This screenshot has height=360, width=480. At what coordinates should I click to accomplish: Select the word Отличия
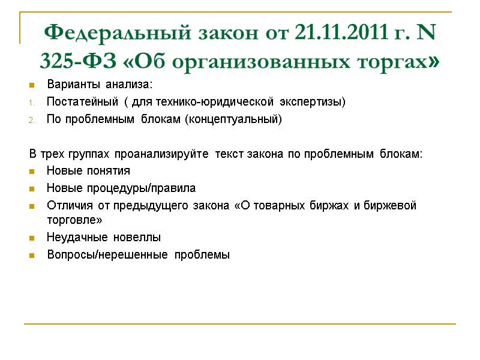point(65,206)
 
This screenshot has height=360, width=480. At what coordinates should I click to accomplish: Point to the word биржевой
point(393,206)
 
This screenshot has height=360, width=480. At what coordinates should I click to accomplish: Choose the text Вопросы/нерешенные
point(107,254)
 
